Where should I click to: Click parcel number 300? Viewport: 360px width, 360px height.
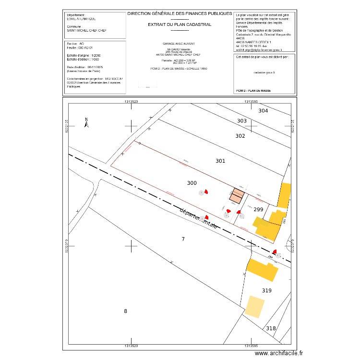tap(192, 183)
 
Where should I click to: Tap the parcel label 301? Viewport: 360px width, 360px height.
tap(220, 161)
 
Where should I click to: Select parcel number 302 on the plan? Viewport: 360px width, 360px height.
tap(240, 136)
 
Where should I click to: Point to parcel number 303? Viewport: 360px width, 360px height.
tap(242, 121)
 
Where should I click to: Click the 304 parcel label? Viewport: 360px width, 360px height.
tap(263, 111)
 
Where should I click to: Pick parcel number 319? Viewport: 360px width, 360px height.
tap(267, 290)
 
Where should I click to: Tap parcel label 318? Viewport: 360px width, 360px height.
tap(271, 328)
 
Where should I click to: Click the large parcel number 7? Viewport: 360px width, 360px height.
tap(183, 239)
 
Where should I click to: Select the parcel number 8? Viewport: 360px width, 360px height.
tap(126, 311)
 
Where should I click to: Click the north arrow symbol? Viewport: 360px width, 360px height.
tap(87, 123)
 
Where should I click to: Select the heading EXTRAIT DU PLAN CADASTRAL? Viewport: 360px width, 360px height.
tap(180, 24)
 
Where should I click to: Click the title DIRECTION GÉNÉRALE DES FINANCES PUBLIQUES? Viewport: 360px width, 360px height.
tap(180, 14)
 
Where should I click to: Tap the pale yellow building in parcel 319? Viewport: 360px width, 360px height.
tap(255, 306)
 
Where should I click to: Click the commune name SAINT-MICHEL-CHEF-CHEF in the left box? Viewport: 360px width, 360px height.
tap(87, 30)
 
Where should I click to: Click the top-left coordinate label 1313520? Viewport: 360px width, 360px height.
tap(131, 102)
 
